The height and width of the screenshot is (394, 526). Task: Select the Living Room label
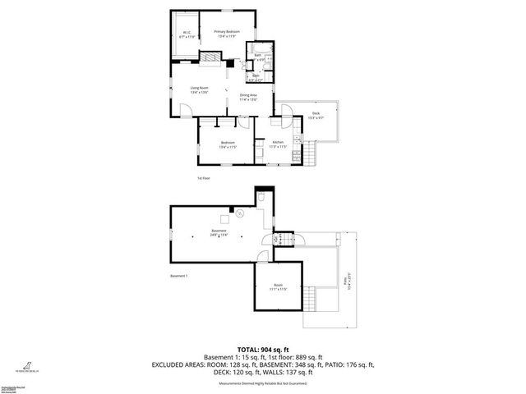[x=199, y=89]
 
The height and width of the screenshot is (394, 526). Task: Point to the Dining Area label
[x=248, y=97]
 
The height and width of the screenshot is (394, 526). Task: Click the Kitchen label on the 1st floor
[x=279, y=144]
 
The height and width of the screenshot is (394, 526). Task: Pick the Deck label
[x=316, y=116]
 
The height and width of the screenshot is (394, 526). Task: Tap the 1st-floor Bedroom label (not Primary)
[x=228, y=145]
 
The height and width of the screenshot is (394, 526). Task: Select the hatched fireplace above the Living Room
[x=211, y=58]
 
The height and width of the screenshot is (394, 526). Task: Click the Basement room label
[x=219, y=232]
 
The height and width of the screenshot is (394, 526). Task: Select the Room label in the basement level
[x=278, y=287]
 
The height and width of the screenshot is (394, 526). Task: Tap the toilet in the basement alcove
[x=261, y=197]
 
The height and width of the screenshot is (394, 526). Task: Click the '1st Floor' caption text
[x=204, y=177]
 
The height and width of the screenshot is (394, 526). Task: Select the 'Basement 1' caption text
[x=179, y=276]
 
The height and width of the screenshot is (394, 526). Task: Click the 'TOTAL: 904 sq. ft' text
[x=262, y=348]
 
